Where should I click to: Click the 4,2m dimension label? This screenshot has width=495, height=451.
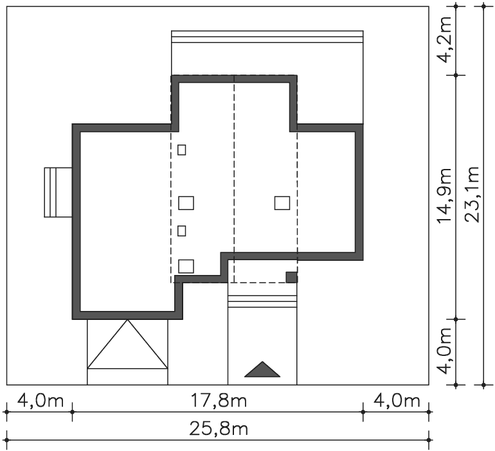(x=444, y=39)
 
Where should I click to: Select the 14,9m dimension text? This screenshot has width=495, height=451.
(x=444, y=195)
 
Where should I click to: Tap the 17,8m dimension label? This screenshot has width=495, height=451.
(x=219, y=401)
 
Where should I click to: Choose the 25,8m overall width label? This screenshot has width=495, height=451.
(x=219, y=429)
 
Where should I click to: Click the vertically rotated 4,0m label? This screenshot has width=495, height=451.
(x=444, y=351)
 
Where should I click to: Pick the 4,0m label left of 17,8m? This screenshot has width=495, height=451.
(x=40, y=401)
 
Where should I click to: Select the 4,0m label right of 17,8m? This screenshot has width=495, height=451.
(x=397, y=401)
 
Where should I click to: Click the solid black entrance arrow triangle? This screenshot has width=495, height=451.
(x=262, y=369)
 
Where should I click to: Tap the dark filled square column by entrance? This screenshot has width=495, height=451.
(x=292, y=278)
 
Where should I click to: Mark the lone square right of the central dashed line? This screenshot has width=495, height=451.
(x=282, y=203)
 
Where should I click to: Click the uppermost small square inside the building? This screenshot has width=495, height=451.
(x=181, y=150)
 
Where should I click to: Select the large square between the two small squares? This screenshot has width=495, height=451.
(x=186, y=203)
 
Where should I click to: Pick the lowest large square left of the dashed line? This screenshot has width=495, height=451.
(x=186, y=266)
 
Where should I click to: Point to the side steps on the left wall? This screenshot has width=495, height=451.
(x=59, y=192)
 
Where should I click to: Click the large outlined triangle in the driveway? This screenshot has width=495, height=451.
(x=127, y=344)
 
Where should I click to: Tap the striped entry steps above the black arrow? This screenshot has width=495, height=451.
(x=262, y=301)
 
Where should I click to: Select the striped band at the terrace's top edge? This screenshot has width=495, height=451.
(x=267, y=37)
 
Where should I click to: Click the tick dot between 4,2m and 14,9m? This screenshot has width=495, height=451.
(x=456, y=75)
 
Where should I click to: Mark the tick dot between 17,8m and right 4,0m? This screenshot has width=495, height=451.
(x=363, y=412)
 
